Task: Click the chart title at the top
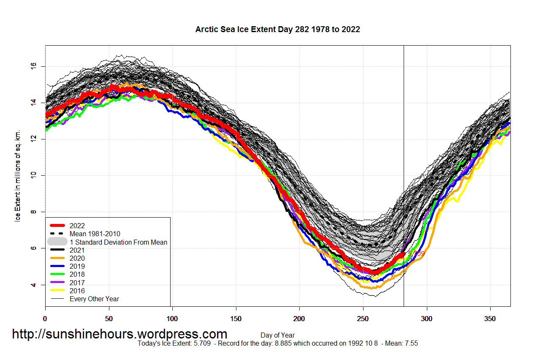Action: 277,30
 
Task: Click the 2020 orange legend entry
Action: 78,259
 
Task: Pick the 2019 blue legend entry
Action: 78,267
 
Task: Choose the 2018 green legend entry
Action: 78,275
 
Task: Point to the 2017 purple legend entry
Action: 78,283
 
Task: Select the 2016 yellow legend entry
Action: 78,291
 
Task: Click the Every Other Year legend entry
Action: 95,299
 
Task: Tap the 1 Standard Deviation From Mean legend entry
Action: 118,243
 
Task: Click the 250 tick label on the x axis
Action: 363,318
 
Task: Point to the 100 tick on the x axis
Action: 172,318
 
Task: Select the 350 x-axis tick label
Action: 490,318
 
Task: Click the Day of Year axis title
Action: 277,335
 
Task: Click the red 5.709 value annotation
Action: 416,254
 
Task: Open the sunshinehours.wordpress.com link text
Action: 119,334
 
